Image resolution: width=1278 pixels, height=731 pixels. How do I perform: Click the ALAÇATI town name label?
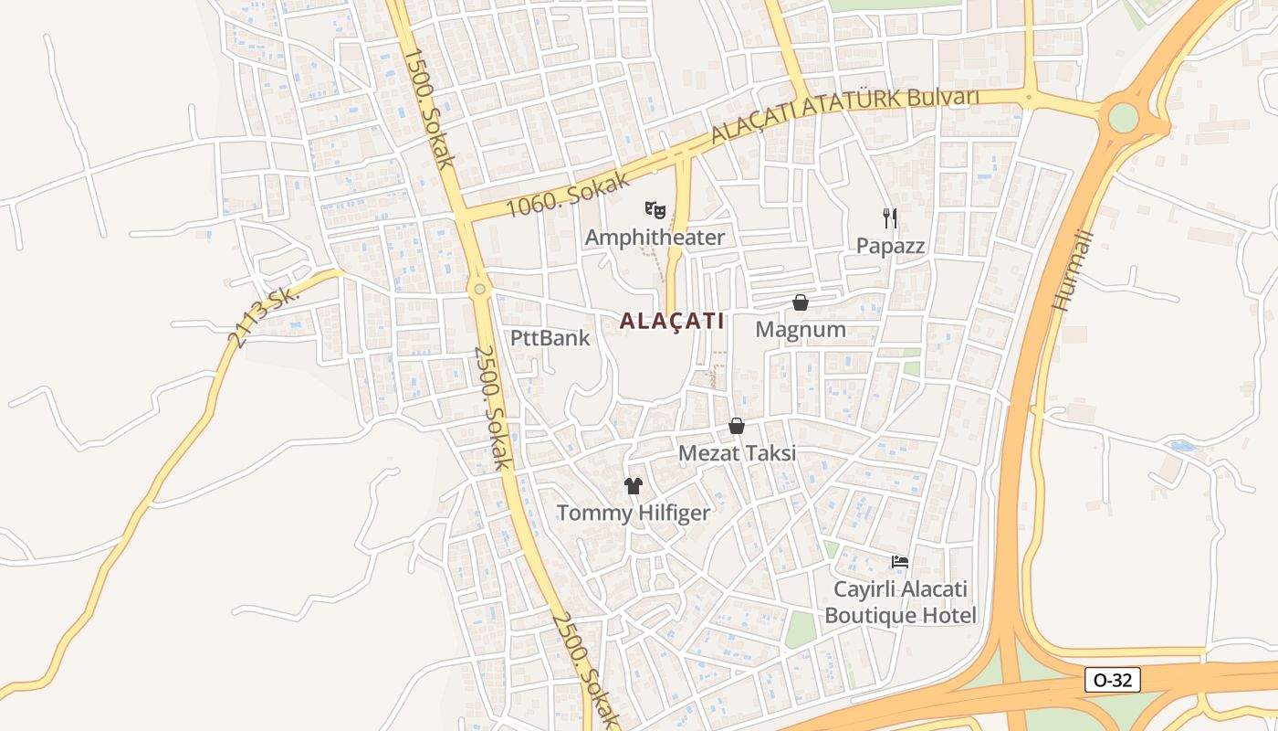coord(672,322)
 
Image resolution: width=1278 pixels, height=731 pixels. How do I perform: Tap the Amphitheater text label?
coord(655,238)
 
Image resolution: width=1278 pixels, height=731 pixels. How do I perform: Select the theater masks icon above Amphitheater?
coord(655,210)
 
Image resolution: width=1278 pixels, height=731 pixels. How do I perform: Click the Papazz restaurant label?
coord(890,246)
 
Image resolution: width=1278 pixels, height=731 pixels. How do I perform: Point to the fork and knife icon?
coord(890,217)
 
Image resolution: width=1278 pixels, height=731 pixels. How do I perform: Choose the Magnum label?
coord(801,330)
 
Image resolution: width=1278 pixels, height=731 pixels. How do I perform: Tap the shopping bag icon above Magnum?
coord(801,302)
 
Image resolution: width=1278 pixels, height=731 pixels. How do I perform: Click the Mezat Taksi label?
coord(737,453)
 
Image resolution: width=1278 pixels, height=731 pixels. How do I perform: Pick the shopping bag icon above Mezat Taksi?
coord(737,426)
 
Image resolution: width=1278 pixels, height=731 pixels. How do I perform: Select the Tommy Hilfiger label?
coord(633,513)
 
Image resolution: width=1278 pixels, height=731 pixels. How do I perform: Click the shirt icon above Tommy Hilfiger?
coord(633,485)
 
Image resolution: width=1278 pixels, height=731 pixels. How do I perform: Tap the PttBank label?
coord(550,338)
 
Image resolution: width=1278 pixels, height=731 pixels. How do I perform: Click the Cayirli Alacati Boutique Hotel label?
coord(900,602)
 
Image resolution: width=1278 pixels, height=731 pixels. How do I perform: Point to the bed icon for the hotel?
coord(900,561)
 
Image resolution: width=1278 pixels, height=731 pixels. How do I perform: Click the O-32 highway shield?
coord(1113,680)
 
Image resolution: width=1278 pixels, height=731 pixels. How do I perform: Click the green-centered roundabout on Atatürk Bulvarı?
coord(1123,118)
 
